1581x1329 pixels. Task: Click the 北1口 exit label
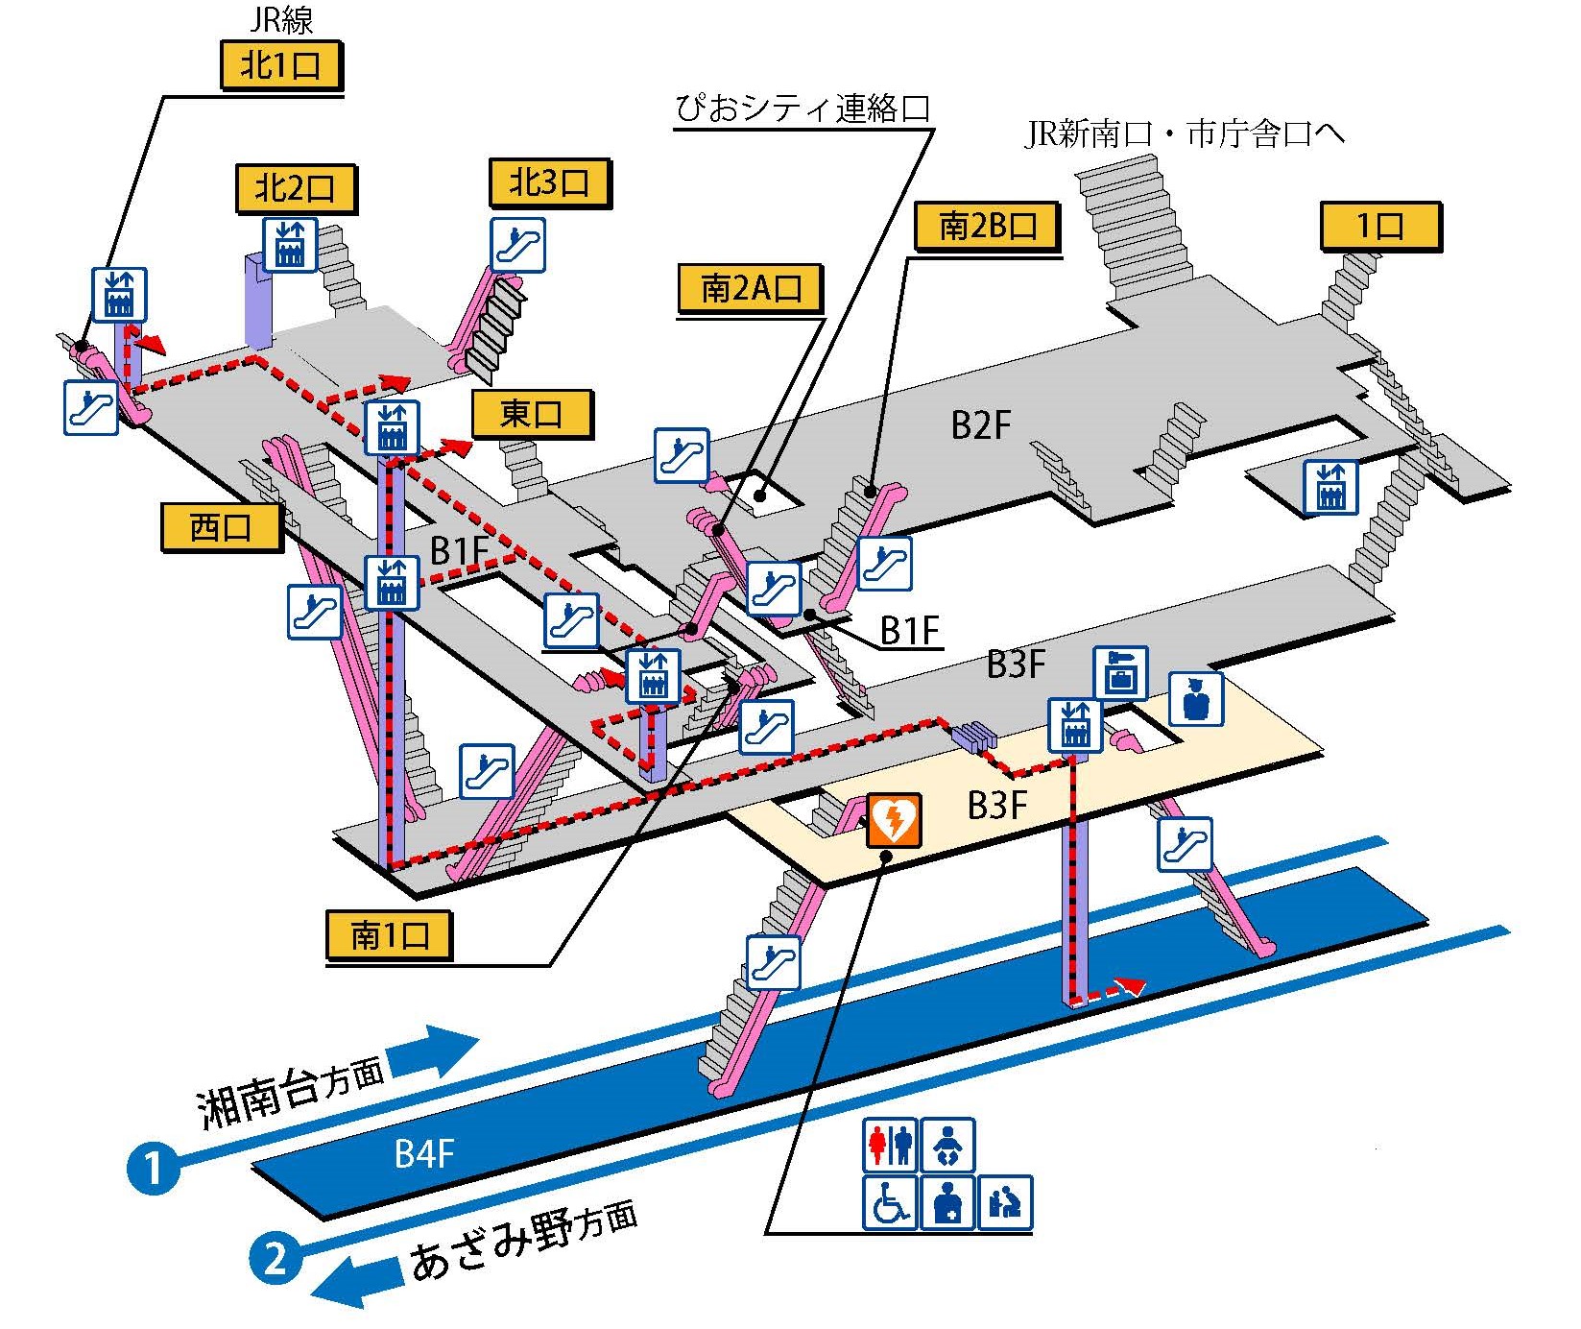point(280,67)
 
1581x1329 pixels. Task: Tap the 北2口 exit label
point(295,188)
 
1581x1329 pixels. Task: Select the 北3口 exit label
point(549,182)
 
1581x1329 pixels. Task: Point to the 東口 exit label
point(532,414)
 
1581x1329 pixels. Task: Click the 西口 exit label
point(221,527)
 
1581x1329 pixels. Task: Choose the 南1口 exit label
point(389,934)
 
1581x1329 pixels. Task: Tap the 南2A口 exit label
point(750,287)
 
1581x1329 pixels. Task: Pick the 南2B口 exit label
point(988,227)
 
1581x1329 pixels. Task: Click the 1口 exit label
point(1380,227)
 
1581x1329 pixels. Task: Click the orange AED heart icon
point(894,820)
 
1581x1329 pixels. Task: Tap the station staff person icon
point(1195,698)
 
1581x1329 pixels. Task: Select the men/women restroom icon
point(890,1145)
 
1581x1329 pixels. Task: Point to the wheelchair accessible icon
point(890,1202)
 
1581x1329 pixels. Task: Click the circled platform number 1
point(154,1169)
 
